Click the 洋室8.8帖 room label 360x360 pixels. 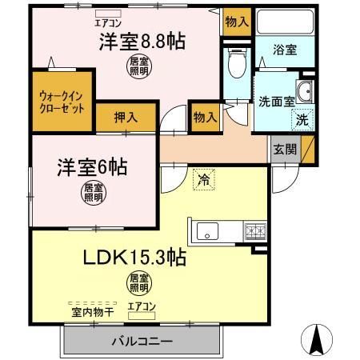click(x=142, y=42)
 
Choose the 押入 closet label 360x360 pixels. click(x=126, y=117)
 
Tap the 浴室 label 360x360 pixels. click(x=286, y=50)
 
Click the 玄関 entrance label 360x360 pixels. click(x=283, y=149)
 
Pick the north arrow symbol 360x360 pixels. click(x=319, y=339)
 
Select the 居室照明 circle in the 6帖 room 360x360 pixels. click(x=94, y=193)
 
